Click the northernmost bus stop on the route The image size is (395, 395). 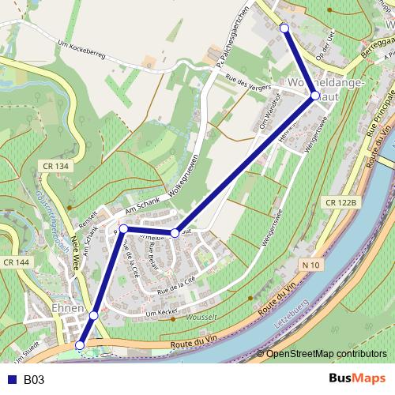(x=284, y=28)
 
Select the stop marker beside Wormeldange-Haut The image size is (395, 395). (x=315, y=96)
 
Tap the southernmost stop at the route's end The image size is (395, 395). (x=79, y=345)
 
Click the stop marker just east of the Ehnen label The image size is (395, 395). (x=93, y=315)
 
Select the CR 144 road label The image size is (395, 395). (x=16, y=261)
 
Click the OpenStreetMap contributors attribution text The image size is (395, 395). (x=325, y=354)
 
